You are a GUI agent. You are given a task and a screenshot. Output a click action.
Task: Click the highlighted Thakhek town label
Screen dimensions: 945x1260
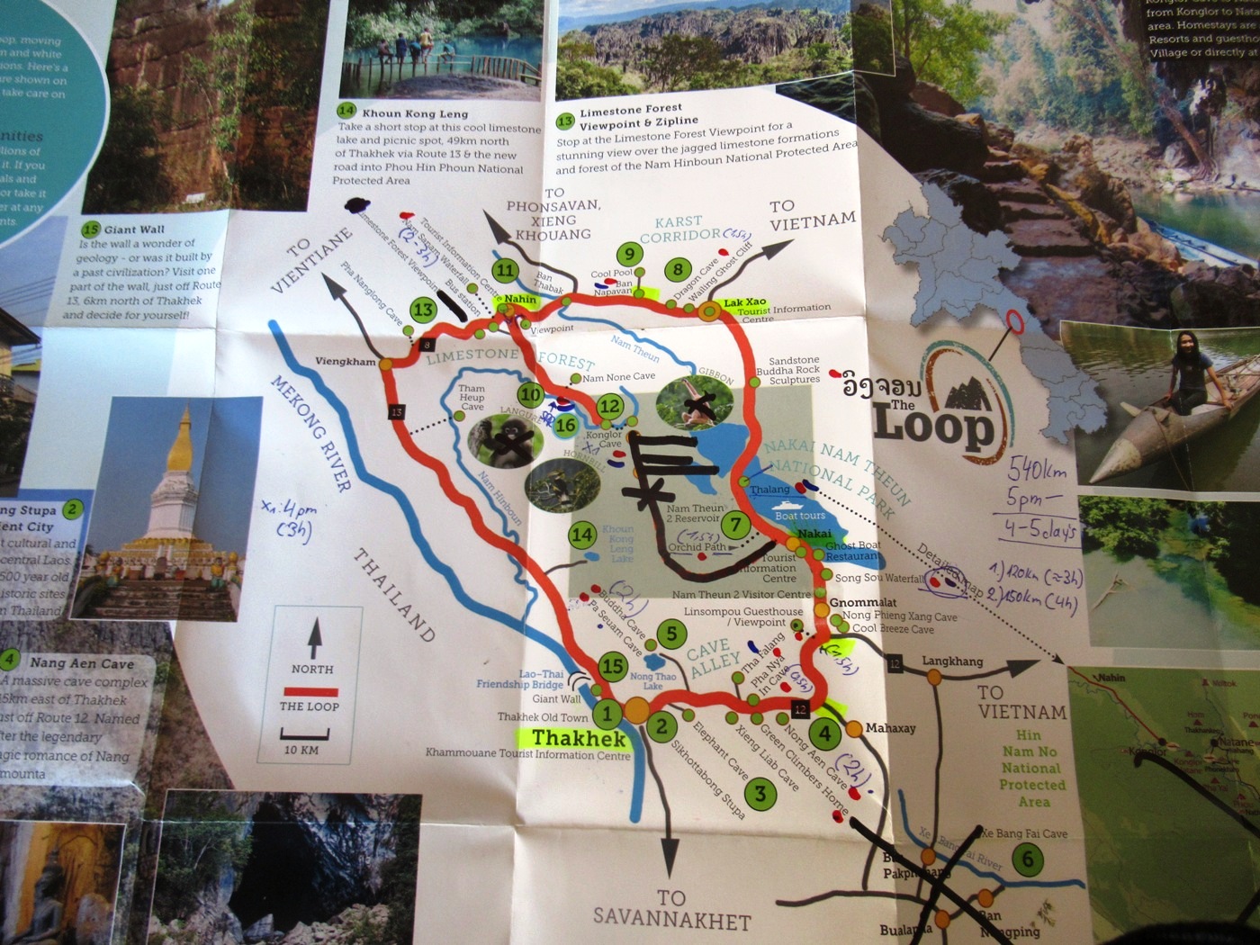[578, 738]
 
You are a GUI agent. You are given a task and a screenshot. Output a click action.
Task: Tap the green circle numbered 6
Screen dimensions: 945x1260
[1028, 859]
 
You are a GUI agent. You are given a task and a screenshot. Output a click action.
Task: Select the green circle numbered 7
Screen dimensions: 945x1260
[736, 524]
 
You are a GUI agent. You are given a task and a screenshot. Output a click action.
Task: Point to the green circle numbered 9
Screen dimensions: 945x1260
[629, 255]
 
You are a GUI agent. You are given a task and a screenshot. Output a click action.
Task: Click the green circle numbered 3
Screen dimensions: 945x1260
[760, 793]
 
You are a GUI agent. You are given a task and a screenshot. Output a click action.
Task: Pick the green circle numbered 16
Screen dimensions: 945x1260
[566, 425]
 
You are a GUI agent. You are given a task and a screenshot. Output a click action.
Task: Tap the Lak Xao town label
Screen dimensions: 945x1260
[744, 302]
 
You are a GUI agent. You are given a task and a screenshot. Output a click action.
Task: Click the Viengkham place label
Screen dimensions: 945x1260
[346, 362]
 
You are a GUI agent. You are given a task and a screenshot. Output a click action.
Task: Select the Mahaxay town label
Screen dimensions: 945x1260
[890, 727]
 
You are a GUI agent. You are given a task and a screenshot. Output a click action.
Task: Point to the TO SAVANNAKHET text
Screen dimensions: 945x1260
[671, 910]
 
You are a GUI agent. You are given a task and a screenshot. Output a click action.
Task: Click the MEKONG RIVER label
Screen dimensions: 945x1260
[311, 433]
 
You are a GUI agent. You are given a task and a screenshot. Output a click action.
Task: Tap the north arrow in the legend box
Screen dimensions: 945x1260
[313, 638]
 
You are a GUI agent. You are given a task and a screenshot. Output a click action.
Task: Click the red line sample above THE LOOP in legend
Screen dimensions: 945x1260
[310, 691]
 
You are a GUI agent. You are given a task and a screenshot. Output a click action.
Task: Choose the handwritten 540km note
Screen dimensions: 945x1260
[1037, 470]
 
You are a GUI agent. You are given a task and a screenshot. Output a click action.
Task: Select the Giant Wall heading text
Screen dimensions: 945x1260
[134, 229]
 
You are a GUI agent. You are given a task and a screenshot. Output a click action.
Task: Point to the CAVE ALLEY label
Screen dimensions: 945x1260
[714, 656]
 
